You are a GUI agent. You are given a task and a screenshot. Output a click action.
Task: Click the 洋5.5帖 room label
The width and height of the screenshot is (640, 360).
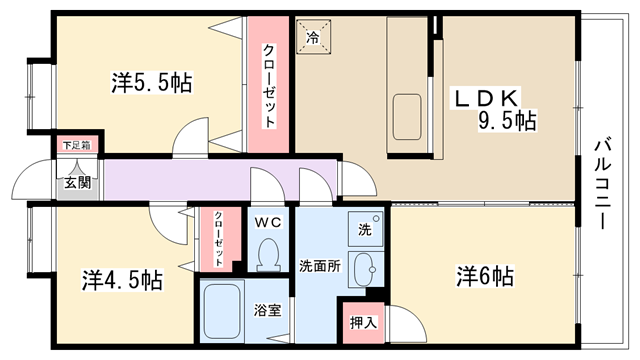tap(151, 83)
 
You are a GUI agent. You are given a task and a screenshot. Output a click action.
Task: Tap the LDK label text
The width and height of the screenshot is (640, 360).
tap(485, 98)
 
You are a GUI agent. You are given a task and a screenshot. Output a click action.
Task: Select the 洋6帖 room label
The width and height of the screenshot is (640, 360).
tap(485, 276)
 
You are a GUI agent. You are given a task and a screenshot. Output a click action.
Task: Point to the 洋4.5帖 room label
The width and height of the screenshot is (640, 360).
tap(122, 280)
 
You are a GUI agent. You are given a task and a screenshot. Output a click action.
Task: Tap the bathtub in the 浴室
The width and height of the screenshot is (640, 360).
tap(222, 311)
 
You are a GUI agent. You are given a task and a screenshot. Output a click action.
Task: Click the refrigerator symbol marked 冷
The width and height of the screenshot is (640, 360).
tap(313, 37)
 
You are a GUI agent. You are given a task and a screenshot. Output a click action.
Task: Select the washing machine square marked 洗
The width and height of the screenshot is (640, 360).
tap(365, 229)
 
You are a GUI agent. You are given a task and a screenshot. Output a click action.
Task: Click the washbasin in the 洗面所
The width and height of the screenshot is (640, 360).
tap(364, 270)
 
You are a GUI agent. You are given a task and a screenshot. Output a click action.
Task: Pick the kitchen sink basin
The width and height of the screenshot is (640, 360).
tap(407, 117)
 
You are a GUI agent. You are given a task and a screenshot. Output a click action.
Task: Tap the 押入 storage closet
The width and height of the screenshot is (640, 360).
tap(363, 323)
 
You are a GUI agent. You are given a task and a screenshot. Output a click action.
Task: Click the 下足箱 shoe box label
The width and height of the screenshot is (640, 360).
tap(77, 145)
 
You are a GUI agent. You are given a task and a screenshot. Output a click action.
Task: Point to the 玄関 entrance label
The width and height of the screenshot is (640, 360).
tap(78, 183)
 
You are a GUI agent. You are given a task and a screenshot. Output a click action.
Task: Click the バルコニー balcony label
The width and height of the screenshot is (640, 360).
tap(603, 184)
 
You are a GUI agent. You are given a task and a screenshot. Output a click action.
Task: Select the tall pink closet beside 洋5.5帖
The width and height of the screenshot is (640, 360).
tap(268, 84)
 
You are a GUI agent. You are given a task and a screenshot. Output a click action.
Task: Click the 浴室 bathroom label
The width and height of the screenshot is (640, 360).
tap(267, 310)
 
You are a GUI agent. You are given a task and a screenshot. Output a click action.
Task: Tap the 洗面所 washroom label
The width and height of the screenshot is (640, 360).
tap(320, 266)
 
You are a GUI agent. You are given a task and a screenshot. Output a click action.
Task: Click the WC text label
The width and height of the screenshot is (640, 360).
tap(268, 222)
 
